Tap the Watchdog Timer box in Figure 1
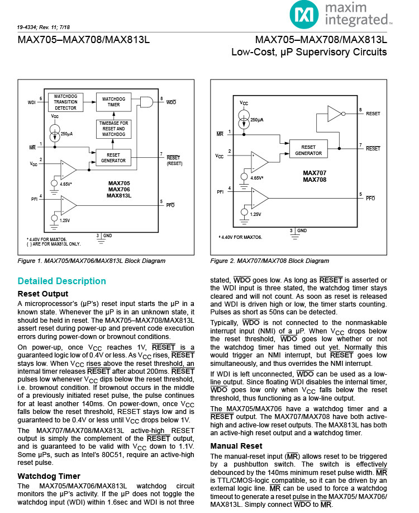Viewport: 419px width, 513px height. (113, 101)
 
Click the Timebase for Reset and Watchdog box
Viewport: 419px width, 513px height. (113, 129)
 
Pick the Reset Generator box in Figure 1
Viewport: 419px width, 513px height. (113, 158)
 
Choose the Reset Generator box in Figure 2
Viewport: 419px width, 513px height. (308, 150)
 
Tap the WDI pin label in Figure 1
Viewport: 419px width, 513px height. (31, 102)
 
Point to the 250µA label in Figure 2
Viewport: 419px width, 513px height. (256, 120)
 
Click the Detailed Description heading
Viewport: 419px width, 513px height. (61, 281)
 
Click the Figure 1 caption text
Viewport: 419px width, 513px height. (92, 261)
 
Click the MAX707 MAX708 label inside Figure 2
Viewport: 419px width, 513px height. (315, 176)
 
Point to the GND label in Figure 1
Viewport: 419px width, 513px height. (107, 236)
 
